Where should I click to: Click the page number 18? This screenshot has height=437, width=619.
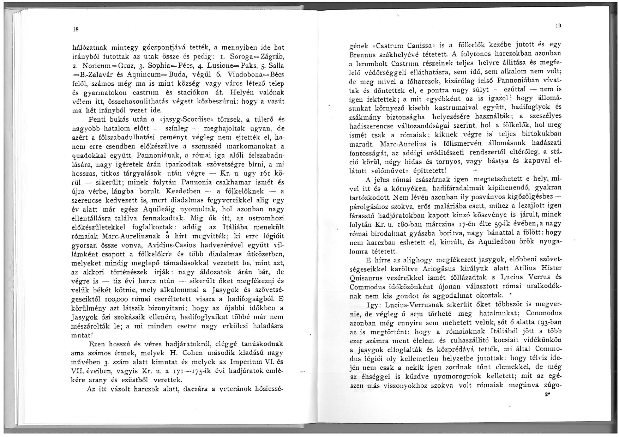[75, 29]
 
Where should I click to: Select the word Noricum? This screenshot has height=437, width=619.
[96, 66]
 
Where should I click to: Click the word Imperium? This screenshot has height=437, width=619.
[247, 362]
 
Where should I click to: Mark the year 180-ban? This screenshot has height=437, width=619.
[416, 224]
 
